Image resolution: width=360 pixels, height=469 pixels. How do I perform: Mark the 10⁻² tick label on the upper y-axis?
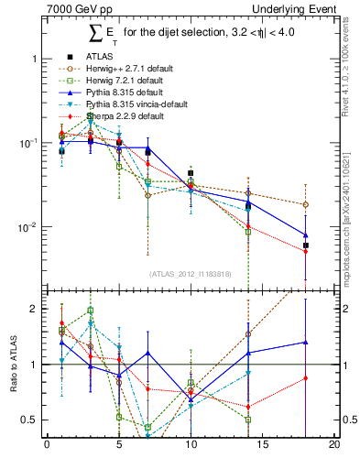[28, 227]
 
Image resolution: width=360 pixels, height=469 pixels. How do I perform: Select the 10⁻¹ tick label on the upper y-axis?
[28, 143]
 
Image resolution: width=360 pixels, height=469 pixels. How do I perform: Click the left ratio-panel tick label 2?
[35, 309]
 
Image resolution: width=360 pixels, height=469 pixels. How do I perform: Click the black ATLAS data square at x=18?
[305, 245]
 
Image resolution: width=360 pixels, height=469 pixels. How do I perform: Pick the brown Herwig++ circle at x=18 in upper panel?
[305, 204]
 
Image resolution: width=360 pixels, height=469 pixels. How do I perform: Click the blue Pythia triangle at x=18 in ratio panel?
[305, 343]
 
